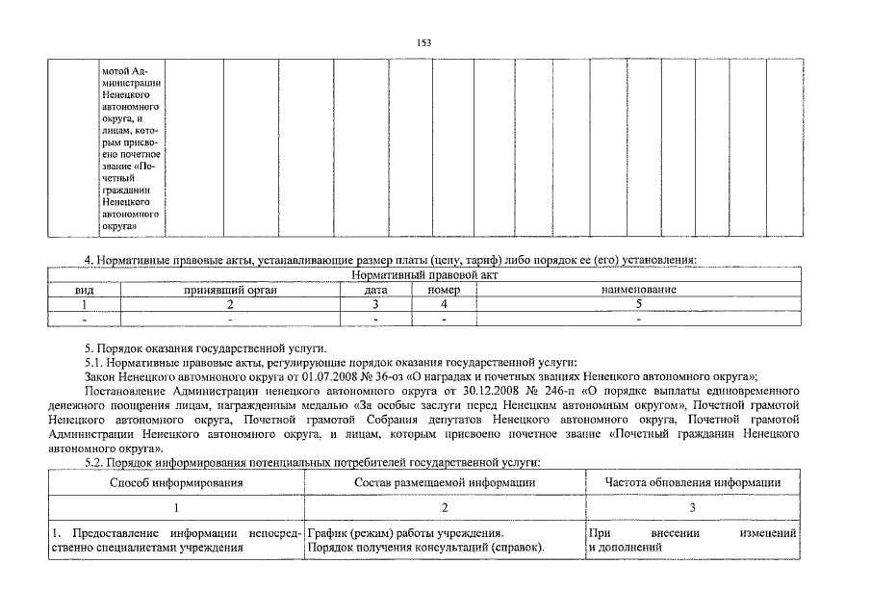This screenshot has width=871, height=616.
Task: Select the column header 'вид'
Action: coord(85,290)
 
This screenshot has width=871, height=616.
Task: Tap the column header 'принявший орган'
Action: coord(230,290)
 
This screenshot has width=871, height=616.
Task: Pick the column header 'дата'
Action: coord(375,290)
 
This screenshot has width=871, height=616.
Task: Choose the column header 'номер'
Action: coord(444,290)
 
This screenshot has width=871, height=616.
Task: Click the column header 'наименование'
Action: coord(638,290)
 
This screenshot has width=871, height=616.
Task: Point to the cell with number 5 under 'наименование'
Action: coord(638,303)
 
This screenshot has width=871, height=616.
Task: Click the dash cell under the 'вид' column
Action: coord(85,318)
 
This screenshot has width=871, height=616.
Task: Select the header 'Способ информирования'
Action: coord(176,482)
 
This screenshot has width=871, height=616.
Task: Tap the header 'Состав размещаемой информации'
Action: coord(444,482)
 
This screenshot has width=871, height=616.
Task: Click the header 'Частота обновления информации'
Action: coord(692,482)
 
